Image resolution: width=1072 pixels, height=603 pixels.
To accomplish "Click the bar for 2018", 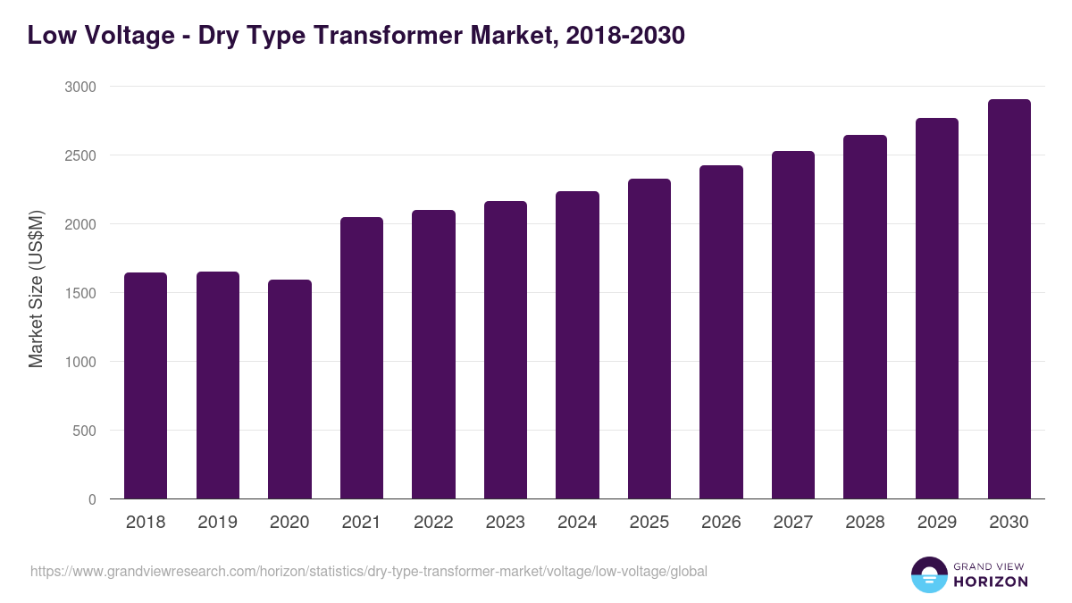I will pyautogui.click(x=146, y=386).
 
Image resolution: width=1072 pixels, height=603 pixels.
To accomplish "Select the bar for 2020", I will pyautogui.click(x=289, y=389).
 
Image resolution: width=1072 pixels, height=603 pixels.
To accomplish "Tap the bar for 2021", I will pyautogui.click(x=362, y=358).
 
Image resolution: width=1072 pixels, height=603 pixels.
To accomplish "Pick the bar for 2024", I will pyautogui.click(x=577, y=345).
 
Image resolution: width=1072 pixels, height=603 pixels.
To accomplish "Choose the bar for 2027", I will pyautogui.click(x=793, y=325).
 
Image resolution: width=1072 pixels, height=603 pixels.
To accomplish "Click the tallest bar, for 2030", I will pyautogui.click(x=1009, y=299).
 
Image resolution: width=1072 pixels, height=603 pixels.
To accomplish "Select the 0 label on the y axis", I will pyautogui.click(x=92, y=499).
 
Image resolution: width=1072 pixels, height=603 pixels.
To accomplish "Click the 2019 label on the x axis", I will pyautogui.click(x=217, y=523).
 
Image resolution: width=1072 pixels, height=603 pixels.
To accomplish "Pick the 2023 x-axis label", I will pyautogui.click(x=506, y=523).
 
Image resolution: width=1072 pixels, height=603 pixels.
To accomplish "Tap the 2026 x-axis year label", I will pyautogui.click(x=721, y=523).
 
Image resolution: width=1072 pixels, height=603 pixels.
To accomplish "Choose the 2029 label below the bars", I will pyautogui.click(x=937, y=523).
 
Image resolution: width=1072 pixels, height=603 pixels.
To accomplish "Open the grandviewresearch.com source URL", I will pyautogui.click(x=369, y=571).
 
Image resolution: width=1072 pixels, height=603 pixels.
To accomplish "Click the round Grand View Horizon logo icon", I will pyautogui.click(x=928, y=574).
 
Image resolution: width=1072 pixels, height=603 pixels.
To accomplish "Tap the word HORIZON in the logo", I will pyautogui.click(x=991, y=582).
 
